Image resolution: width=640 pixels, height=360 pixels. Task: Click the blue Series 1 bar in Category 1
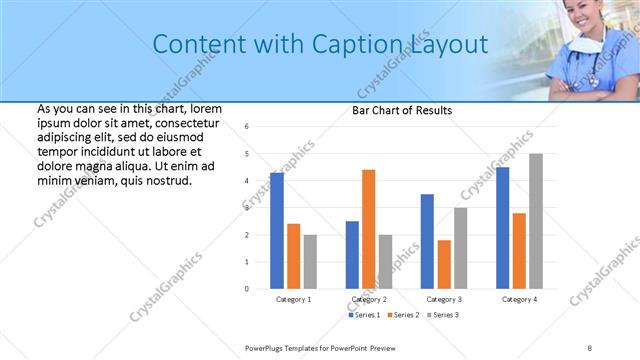coord(277,230)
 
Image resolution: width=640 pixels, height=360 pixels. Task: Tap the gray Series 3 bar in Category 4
coord(536,221)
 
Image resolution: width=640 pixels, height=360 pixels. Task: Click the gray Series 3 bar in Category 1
coord(310,261)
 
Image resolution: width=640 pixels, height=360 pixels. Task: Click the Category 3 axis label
coord(444,299)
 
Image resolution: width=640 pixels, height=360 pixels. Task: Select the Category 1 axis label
coord(293,299)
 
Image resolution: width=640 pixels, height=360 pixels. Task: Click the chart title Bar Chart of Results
coord(402,110)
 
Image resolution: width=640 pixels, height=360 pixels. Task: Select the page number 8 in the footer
coord(590,347)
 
